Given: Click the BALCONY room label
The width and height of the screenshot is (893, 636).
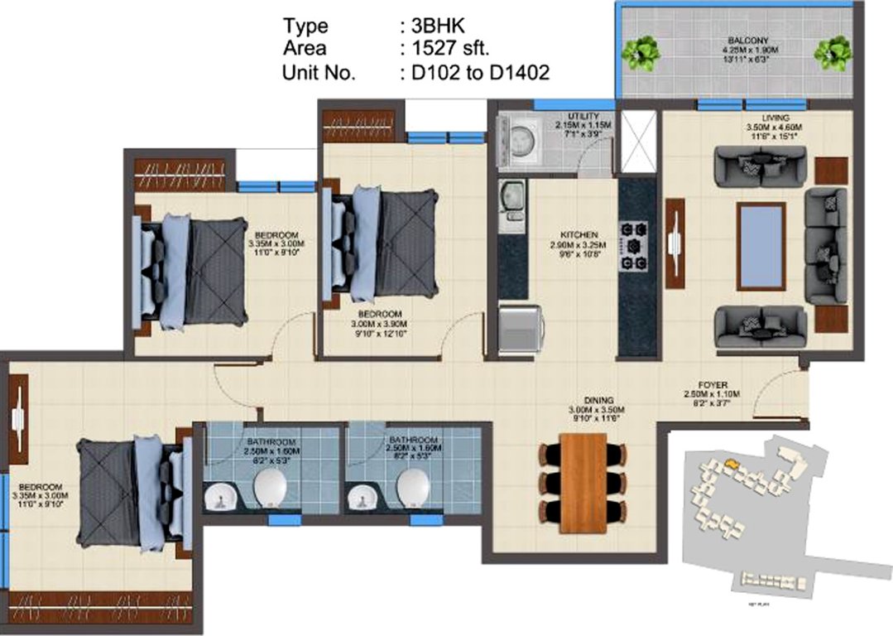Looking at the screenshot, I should [x=739, y=41].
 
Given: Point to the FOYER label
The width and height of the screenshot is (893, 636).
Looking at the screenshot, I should [x=712, y=385].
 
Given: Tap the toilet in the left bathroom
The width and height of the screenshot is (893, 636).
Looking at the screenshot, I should [x=269, y=488].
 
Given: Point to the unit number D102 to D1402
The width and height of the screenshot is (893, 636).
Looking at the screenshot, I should [x=474, y=73].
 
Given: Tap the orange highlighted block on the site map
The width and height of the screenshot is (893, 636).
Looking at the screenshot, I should [x=731, y=465].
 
